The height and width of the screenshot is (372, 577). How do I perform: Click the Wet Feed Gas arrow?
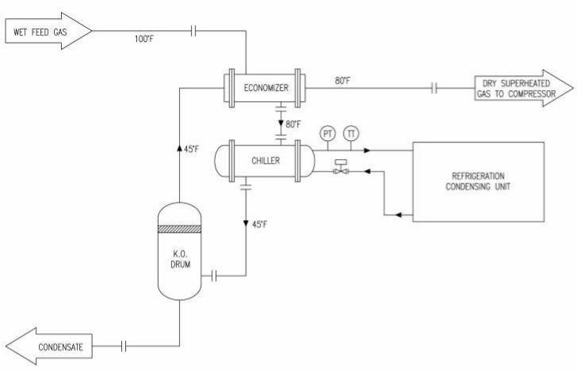click(x=48, y=31)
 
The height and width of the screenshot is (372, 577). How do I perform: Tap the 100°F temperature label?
click(x=144, y=39)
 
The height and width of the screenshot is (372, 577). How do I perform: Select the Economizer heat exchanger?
click(x=265, y=88)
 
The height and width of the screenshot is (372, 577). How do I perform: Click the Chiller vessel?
click(x=265, y=161)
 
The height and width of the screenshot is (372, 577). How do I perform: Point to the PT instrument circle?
click(x=327, y=134)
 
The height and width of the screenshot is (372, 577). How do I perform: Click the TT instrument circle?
click(x=351, y=134)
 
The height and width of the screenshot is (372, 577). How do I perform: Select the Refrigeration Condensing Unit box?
click(x=479, y=182)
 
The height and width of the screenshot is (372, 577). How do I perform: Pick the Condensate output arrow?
click(x=49, y=346)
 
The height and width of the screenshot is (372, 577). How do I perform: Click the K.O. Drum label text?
click(x=181, y=259)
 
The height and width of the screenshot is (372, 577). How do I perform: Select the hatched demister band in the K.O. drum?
click(x=180, y=229)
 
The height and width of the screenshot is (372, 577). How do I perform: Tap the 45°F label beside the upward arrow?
click(x=192, y=150)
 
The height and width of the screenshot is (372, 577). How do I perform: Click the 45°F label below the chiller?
click(x=260, y=224)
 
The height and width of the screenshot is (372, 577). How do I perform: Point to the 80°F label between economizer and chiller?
click(x=293, y=124)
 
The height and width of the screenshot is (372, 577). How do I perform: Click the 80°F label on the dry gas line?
click(x=342, y=81)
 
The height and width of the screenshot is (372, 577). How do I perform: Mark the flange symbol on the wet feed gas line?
click(x=193, y=31)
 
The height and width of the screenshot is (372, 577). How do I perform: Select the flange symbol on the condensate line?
click(x=124, y=346)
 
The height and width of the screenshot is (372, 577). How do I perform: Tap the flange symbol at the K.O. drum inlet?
click(x=214, y=275)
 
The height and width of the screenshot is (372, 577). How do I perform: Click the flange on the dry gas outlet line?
click(x=434, y=88)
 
